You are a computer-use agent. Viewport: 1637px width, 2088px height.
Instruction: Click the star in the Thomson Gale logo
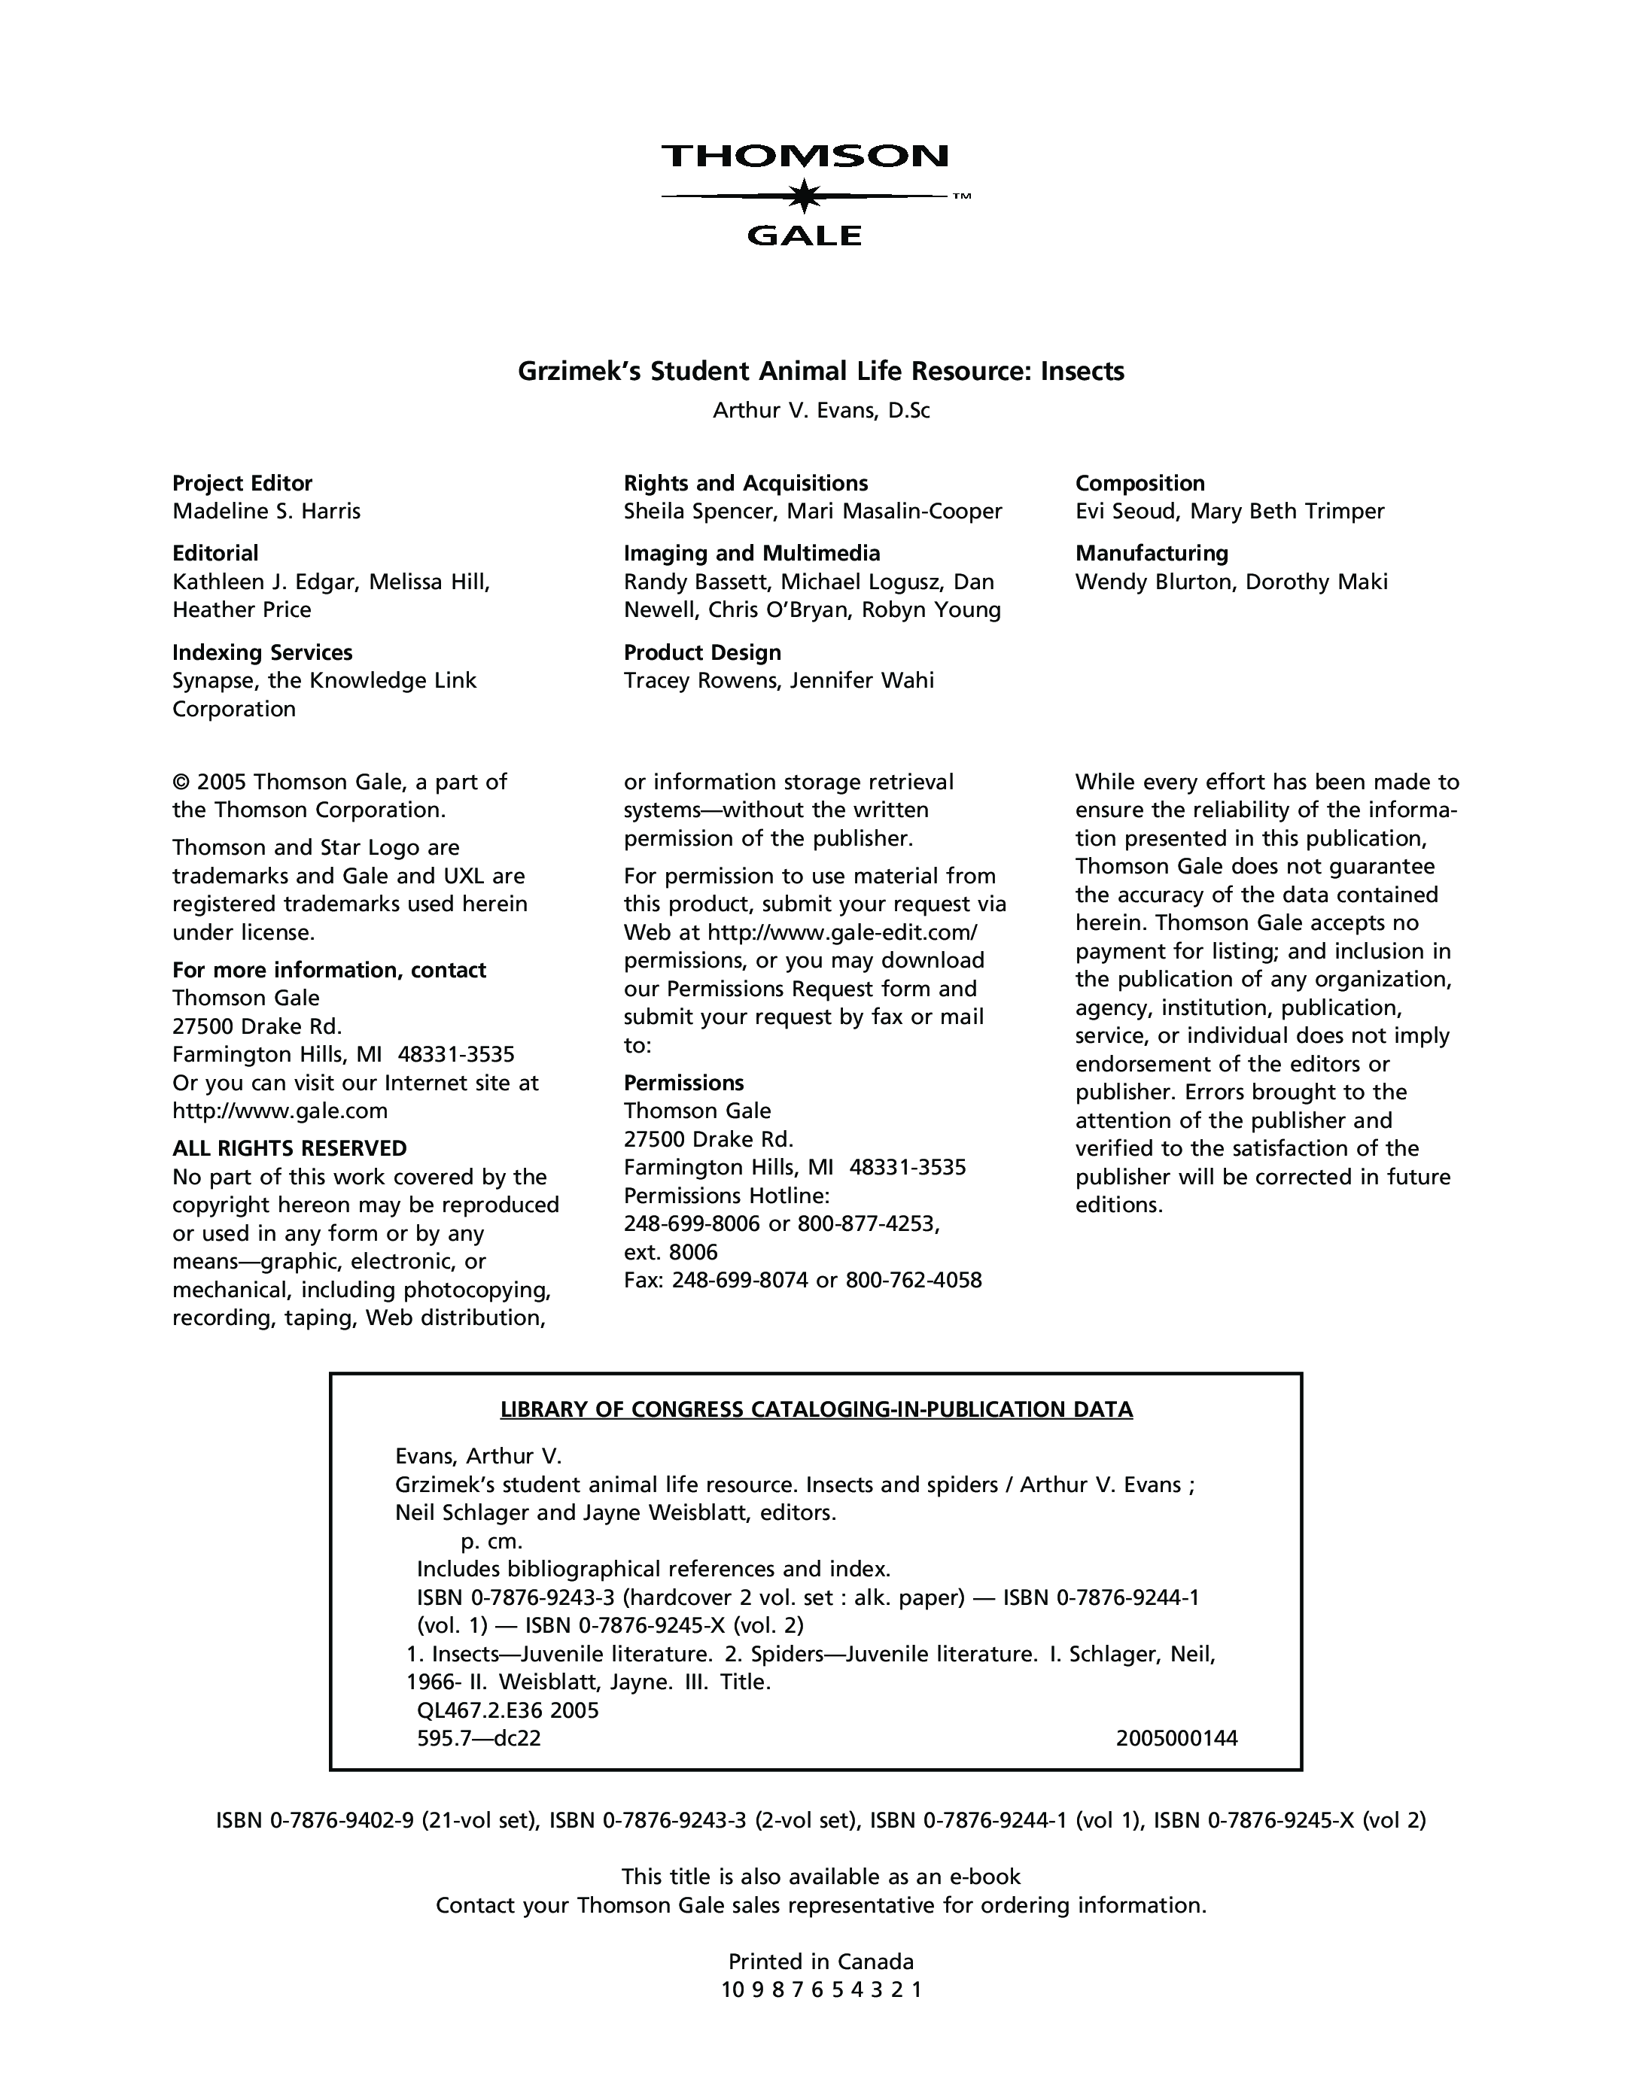coord(804,196)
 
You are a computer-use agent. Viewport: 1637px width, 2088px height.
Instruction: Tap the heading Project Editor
coord(242,483)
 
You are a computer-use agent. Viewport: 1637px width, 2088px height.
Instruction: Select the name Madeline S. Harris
coord(266,512)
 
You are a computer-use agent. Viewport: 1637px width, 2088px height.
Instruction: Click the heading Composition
coord(1140,483)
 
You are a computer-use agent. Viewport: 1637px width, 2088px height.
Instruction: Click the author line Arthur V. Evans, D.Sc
coord(821,411)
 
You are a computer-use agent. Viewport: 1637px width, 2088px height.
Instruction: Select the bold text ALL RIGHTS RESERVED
coord(290,1148)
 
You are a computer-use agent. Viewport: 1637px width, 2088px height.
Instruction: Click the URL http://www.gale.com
coord(280,1111)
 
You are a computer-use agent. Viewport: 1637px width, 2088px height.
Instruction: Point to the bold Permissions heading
coord(683,1083)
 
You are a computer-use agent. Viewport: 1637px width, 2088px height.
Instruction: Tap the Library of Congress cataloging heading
coord(817,1409)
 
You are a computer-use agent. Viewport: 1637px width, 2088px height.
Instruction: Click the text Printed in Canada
coord(821,1962)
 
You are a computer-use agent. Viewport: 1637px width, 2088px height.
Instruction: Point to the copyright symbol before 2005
coord(180,783)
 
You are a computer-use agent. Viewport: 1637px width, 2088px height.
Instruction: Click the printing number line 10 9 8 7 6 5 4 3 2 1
coord(821,1990)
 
